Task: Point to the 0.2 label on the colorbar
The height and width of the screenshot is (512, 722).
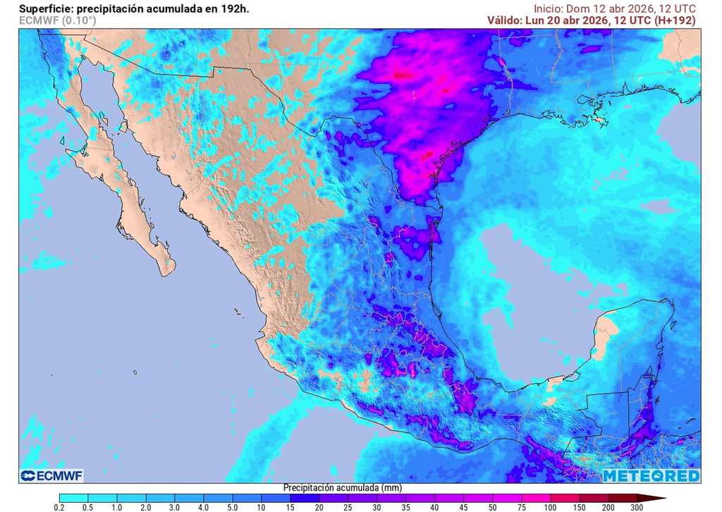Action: tap(59, 507)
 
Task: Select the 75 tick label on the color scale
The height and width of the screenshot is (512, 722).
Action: tap(521, 507)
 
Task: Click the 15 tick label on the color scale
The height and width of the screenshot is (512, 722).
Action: tap(290, 507)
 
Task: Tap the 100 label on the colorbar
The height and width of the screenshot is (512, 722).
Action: tap(550, 507)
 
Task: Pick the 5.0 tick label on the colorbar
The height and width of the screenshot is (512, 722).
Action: tap(232, 507)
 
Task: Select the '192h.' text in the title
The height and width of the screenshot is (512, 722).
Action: tap(234, 8)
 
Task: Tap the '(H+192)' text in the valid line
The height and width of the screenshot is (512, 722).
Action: tap(675, 20)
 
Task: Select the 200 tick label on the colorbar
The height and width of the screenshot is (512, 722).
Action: tap(608, 507)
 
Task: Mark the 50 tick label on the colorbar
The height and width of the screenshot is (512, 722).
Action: tap(492, 507)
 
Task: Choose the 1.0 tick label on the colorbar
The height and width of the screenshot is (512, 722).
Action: tap(116, 507)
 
